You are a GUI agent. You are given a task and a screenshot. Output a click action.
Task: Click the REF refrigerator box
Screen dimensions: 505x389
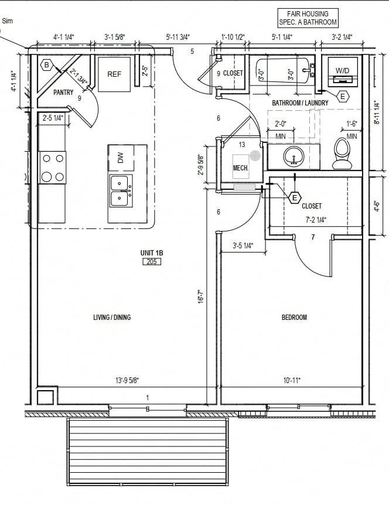point(114,74)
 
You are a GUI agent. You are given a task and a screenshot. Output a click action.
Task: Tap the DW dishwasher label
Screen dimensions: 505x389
point(120,158)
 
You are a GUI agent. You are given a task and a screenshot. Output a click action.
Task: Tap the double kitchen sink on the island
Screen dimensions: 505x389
point(121,191)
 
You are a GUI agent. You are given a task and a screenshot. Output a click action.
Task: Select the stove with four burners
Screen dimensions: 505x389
point(52,168)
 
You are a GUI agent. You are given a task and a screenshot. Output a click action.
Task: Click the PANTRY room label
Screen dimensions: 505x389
point(63,93)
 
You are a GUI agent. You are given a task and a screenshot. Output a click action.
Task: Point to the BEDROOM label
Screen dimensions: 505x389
point(294,318)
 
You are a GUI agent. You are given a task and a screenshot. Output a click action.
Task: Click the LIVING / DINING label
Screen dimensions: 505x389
point(112,318)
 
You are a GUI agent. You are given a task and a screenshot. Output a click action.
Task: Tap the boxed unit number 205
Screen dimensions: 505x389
point(151,261)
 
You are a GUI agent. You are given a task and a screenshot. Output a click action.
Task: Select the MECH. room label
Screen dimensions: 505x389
point(241,168)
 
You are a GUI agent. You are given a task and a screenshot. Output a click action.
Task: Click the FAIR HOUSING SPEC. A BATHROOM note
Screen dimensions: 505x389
point(308,18)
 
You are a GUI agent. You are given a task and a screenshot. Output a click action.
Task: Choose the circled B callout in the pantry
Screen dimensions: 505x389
point(46,65)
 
